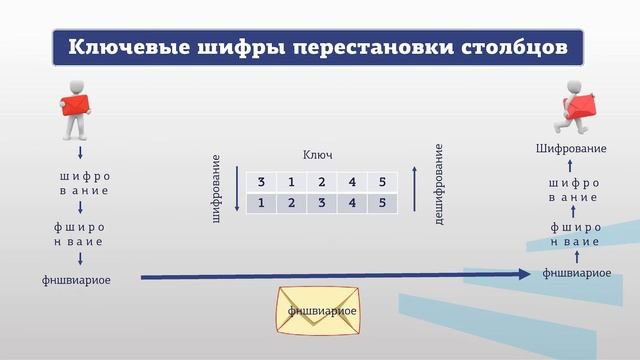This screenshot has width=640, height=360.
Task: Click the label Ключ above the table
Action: coord(317,156)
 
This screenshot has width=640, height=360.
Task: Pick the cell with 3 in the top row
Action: coord(261,181)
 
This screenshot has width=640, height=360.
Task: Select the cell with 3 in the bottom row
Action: coord(321,203)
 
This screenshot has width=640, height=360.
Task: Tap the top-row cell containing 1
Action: coord(291,181)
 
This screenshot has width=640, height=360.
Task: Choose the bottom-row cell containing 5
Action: coord(381,203)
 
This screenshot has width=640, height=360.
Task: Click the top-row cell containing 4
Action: coord(351,181)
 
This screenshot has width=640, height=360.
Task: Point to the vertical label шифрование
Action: coord(217,187)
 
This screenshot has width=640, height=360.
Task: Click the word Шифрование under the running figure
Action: coord(570,149)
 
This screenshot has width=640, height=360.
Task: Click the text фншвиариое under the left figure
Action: coord(77,281)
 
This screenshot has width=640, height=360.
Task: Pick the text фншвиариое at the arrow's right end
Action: coord(577,272)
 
